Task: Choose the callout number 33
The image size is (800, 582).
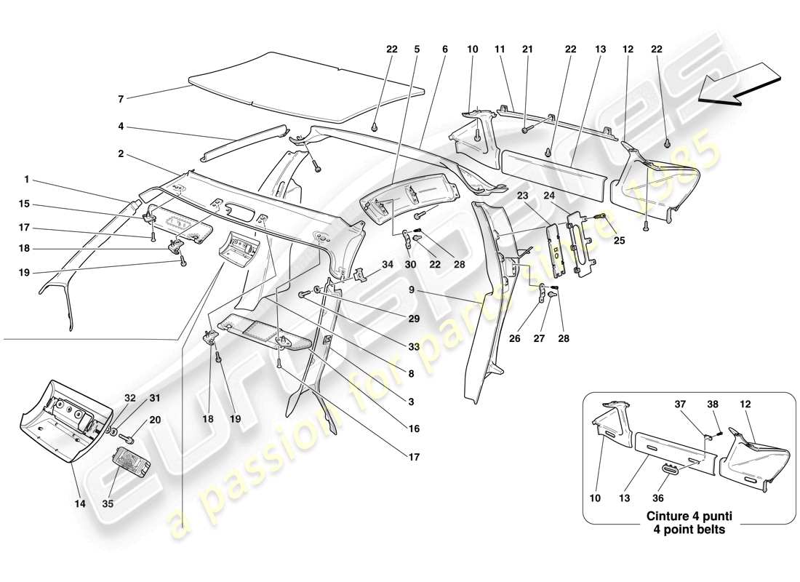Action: (414, 348)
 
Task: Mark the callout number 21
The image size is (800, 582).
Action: (527, 49)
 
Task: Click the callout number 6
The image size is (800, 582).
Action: (443, 49)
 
